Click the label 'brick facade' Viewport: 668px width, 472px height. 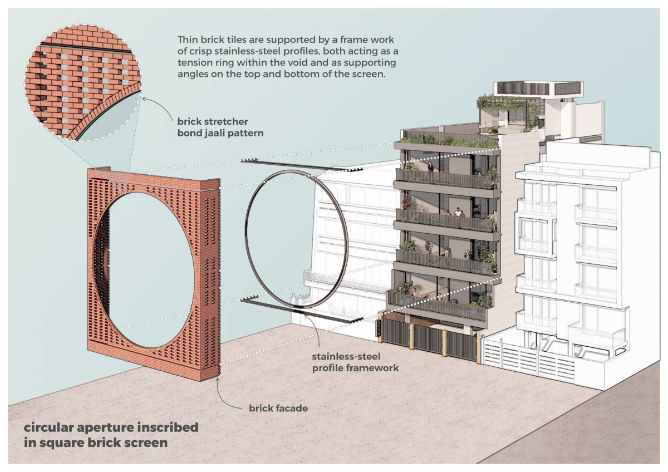[x=278, y=409]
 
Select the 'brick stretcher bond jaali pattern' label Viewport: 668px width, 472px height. [x=213, y=127]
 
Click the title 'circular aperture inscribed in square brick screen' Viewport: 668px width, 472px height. [x=111, y=435]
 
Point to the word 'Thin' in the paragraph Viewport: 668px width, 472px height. [x=187, y=41]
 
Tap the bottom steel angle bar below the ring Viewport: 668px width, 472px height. [x=301, y=309]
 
